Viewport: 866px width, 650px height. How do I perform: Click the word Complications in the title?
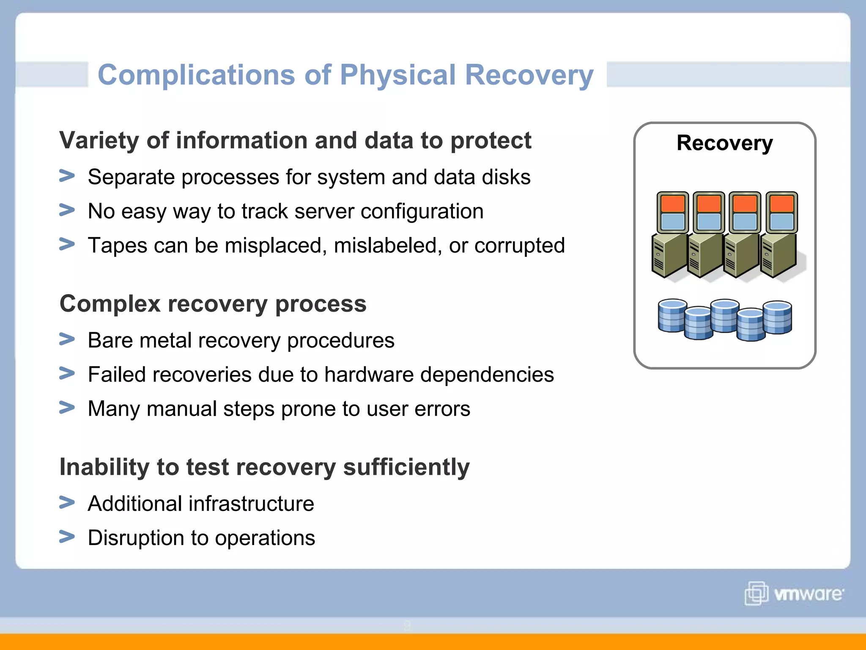click(196, 75)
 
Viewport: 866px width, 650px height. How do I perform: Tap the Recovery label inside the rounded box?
click(724, 143)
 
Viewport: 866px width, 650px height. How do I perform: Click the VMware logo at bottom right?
click(794, 593)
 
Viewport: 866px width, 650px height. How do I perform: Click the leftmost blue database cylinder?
click(672, 316)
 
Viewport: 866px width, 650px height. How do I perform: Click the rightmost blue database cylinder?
click(778, 317)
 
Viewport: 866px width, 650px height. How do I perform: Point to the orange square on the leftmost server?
click(672, 204)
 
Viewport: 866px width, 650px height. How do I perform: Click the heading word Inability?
click(104, 467)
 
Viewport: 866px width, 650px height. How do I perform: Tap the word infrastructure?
click(251, 504)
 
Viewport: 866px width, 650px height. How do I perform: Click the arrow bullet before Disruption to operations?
click(67, 537)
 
